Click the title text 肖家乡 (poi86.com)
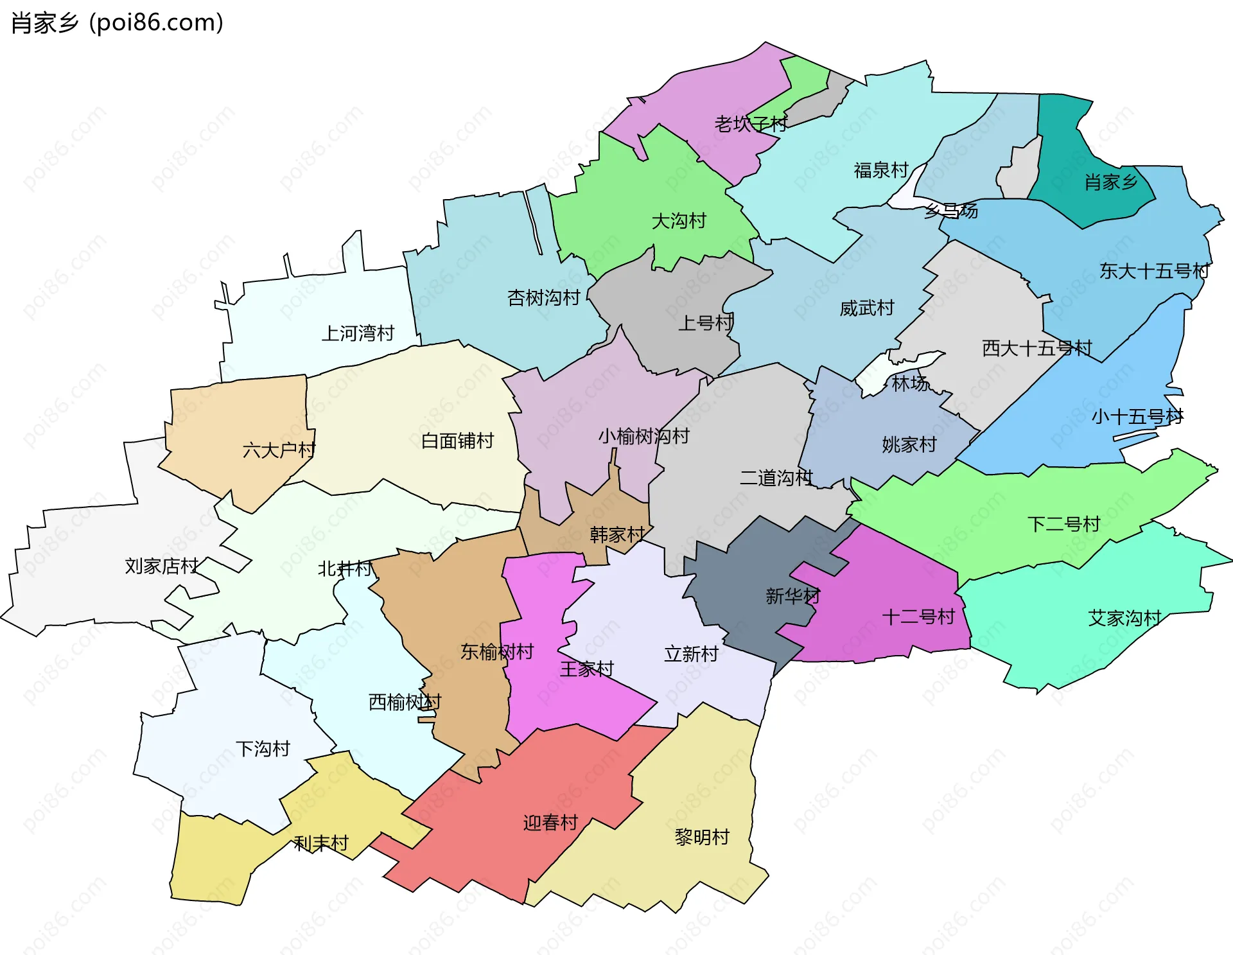tap(118, 22)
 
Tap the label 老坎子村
tap(751, 124)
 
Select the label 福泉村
tap(880, 170)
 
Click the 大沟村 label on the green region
tap(678, 221)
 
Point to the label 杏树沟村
tap(543, 297)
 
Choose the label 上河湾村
tap(357, 333)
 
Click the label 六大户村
tap(279, 450)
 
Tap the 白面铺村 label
tap(457, 441)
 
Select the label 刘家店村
tap(161, 566)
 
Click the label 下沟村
tap(263, 748)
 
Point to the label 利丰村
tap(320, 843)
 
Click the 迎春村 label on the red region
tap(550, 823)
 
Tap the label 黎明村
tap(702, 837)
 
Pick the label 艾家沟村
tap(1124, 618)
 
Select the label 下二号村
tap(1063, 524)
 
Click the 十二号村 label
tap(918, 617)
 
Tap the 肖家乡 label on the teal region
tap(1111, 182)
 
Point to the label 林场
tap(910, 383)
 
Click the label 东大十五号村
tap(1154, 271)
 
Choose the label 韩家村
tap(617, 534)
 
